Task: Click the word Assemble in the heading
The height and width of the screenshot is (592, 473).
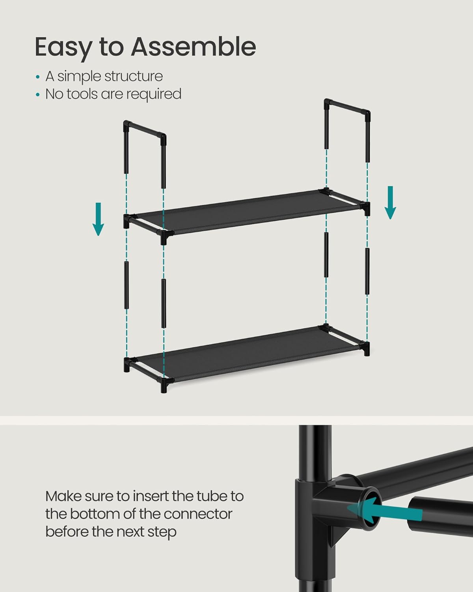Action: (x=193, y=47)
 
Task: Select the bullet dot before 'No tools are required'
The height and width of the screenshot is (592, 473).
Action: (x=38, y=95)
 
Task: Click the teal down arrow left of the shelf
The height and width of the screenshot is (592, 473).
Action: (x=98, y=219)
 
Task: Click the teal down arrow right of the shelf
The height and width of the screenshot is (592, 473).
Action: (x=390, y=202)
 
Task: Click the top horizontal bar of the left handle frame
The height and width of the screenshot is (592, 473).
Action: (x=145, y=129)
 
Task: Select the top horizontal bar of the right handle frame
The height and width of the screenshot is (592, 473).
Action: (x=347, y=106)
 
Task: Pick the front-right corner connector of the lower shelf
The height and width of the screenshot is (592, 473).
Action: (x=366, y=348)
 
